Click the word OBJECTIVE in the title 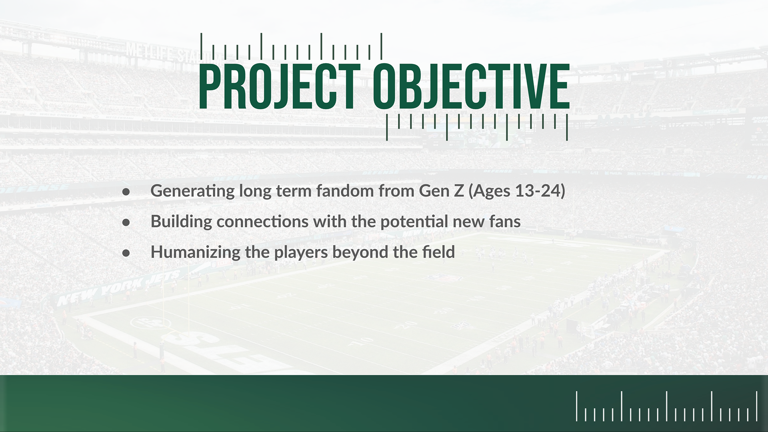coord(471,86)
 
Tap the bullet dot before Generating coord(126,192)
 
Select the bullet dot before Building coord(126,222)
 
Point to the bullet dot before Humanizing coord(126,253)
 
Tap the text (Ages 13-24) coord(516,191)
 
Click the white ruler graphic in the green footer coord(667,406)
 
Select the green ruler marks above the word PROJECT coord(291,46)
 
